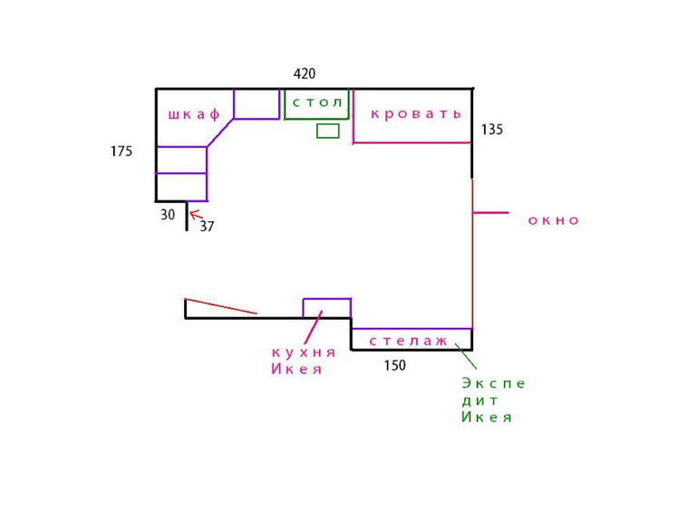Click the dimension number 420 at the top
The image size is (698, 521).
coord(305,74)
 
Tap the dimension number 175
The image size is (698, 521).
coord(121,151)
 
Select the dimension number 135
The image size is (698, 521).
coord(491,130)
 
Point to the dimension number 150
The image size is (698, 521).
coord(394,366)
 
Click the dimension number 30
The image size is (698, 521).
coord(168,216)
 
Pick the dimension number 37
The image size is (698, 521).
coord(207,227)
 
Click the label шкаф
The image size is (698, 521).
coord(194,115)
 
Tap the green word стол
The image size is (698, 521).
coord(317,102)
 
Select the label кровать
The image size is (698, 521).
coord(416,114)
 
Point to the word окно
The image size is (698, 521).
coord(553,220)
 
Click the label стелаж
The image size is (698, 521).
coord(409,341)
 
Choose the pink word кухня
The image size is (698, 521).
coord(304,352)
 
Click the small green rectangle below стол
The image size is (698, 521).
coord(327,131)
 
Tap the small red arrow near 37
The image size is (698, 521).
coord(194,216)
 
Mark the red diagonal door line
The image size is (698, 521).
coord(220,306)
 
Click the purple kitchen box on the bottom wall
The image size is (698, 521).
coord(326,308)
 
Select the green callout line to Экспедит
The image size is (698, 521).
coord(465,355)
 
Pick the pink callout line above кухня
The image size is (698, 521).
coord(313,327)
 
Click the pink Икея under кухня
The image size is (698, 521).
coord(296,369)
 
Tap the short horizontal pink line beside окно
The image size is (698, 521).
coord(490,213)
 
